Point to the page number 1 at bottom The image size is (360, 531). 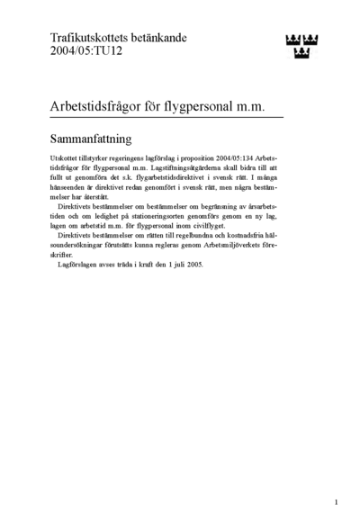tap(336, 502)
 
